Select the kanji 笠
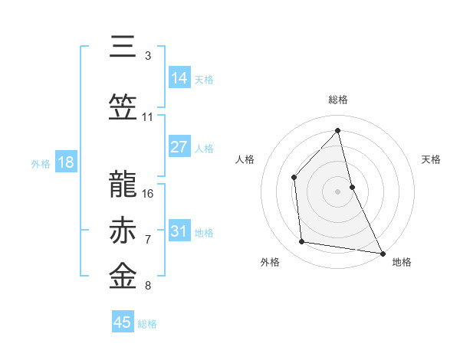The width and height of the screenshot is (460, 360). (124, 106)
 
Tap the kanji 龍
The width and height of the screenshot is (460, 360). (124, 182)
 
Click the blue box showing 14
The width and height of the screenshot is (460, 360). (179, 78)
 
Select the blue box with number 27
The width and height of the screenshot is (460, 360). (179, 147)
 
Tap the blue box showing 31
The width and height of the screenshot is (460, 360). (179, 231)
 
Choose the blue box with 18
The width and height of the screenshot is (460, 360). (65, 162)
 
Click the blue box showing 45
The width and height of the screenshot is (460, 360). (123, 322)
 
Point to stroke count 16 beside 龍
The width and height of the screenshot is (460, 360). (148, 193)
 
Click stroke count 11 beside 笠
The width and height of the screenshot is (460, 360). (148, 117)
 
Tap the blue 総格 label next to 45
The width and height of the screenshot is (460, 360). (147, 324)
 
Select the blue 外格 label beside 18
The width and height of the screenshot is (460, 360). (41, 164)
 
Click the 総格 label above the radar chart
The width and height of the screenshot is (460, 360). (338, 100)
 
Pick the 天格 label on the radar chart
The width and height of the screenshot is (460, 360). (432, 159)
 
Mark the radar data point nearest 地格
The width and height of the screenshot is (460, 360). (382, 252)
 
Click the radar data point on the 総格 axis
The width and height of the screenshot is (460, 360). (337, 130)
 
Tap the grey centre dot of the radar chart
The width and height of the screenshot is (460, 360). (337, 191)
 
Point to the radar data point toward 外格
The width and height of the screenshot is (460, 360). (302, 242)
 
